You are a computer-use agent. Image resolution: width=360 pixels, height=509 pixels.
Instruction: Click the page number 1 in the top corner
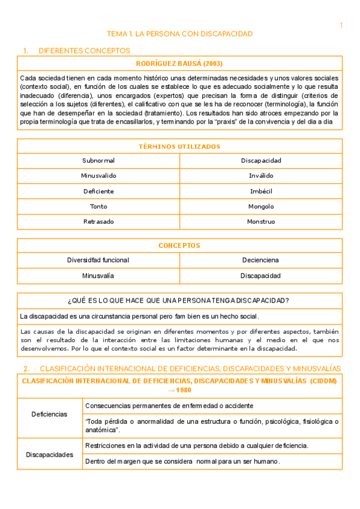click(x=341, y=25)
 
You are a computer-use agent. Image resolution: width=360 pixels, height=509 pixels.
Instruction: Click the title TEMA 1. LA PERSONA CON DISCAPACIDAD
click(x=179, y=34)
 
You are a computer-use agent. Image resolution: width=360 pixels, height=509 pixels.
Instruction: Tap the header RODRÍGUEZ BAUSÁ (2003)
click(x=179, y=64)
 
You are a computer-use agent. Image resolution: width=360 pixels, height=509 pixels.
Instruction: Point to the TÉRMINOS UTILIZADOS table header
click(x=179, y=146)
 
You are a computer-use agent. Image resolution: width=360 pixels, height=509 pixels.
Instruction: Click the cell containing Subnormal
click(x=98, y=161)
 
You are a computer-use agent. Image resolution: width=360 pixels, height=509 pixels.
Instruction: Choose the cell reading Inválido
click(x=261, y=176)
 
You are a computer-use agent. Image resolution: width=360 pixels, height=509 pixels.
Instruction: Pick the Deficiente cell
click(x=98, y=191)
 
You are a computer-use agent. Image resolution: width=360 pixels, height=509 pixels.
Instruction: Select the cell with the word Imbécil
click(x=261, y=191)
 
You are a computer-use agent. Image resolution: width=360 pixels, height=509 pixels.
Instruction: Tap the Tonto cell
click(x=98, y=206)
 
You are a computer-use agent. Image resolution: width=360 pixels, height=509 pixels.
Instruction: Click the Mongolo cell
click(x=261, y=206)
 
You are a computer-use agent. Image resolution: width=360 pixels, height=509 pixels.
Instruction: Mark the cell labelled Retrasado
click(x=98, y=221)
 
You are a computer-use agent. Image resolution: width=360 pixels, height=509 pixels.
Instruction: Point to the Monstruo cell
click(x=261, y=221)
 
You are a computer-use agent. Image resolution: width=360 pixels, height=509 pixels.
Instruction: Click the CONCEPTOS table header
click(x=179, y=245)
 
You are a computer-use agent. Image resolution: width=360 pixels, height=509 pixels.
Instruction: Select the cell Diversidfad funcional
click(x=98, y=261)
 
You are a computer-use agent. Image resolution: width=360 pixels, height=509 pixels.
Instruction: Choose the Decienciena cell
click(x=261, y=261)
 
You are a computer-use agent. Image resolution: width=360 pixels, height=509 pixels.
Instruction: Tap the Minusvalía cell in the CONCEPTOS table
click(x=98, y=276)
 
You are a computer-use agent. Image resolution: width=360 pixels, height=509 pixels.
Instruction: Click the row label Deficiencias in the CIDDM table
click(x=49, y=414)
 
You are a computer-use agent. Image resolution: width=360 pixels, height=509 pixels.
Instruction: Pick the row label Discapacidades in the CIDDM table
click(x=49, y=454)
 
